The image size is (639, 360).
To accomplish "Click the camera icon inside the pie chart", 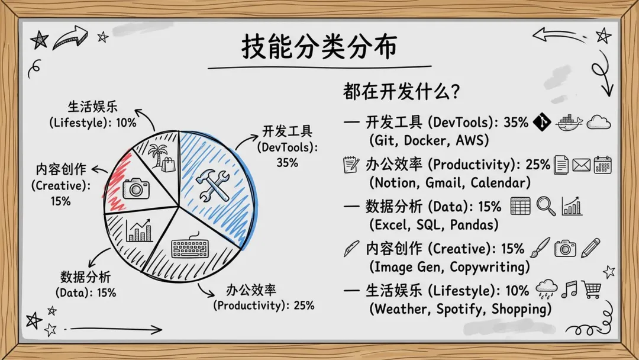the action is tap(136, 188).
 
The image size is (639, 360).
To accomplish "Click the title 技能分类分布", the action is tap(319, 46).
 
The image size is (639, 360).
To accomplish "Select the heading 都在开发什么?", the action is tap(401, 91).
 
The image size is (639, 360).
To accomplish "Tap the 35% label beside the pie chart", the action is tap(288, 163).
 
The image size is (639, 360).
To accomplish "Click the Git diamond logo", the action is tap(542, 122).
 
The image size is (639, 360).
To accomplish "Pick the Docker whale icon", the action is tap(569, 123).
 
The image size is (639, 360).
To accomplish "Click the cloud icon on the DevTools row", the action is tap(599, 123).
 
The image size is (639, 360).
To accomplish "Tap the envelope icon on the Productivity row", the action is tap(582, 165).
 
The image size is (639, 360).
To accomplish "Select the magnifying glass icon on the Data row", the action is tap(546, 206).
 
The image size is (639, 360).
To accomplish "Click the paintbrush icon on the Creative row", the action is tap(540, 248).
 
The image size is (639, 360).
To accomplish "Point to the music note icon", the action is tap(569, 289).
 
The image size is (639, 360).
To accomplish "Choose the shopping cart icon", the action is tap(591, 289).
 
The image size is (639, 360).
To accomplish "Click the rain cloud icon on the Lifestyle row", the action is tap(547, 290).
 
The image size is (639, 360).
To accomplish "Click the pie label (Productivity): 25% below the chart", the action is tap(264, 306).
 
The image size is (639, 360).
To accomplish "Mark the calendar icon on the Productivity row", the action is tap(603, 165).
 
